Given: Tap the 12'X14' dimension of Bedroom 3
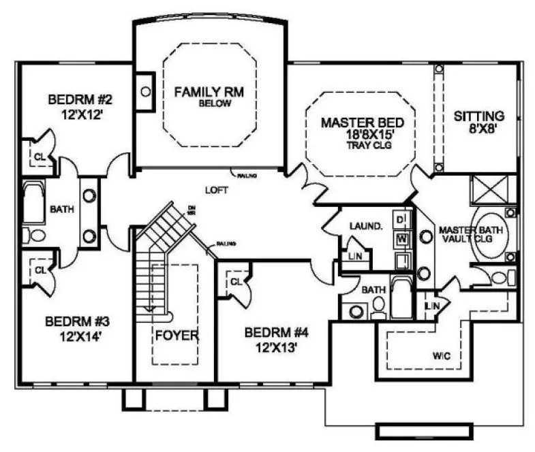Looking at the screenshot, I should point(74,336).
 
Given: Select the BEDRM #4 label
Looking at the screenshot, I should point(277,333).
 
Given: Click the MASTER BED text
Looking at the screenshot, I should point(363,123).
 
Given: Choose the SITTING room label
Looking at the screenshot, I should point(479,116).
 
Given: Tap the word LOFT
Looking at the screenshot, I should point(215,190).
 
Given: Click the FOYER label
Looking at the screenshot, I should point(176,336).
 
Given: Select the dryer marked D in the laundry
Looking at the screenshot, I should point(402,219).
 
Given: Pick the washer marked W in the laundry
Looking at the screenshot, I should point(402,239).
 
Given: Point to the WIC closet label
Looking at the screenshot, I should point(441,356).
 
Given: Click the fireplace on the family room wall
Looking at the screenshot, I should point(144,91).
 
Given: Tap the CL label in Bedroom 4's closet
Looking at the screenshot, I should point(235,281).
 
